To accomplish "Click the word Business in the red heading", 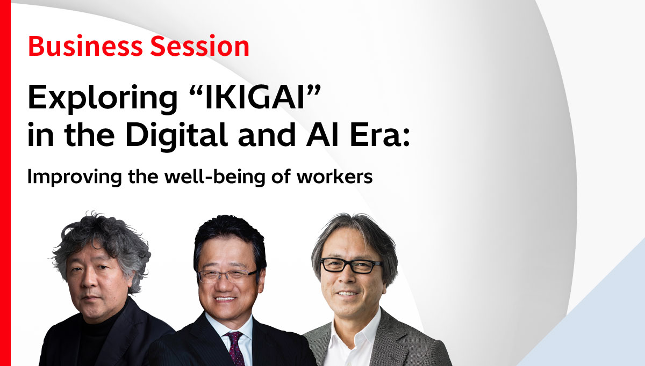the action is [85, 46].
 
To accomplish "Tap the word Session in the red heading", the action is [200, 46].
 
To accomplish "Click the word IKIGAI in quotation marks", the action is [255, 97].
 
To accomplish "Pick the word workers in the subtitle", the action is [334, 177].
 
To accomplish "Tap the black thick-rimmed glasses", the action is [352, 265].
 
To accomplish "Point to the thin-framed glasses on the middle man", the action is [227, 276].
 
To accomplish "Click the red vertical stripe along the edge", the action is [5, 183].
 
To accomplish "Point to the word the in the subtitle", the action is [143, 176].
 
